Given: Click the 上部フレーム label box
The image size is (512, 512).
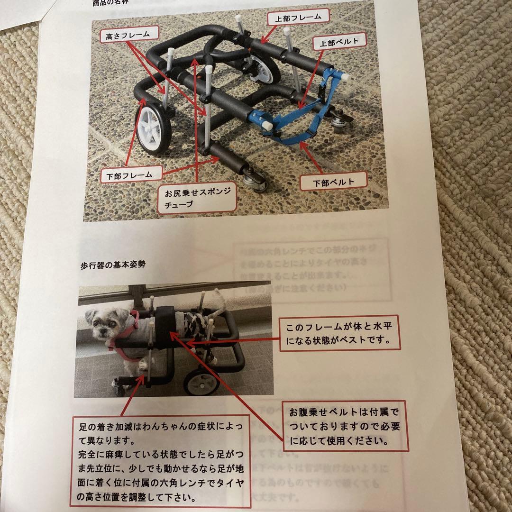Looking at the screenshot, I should [298, 18].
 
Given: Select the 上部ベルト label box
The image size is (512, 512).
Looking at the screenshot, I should [340, 42].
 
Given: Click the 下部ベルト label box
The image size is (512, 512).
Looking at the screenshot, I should [334, 182].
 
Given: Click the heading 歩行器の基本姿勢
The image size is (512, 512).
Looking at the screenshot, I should [113, 265].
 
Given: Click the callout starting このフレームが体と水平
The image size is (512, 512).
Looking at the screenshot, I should [339, 334].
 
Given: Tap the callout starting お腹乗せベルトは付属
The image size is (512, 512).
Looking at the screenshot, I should [345, 426].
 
